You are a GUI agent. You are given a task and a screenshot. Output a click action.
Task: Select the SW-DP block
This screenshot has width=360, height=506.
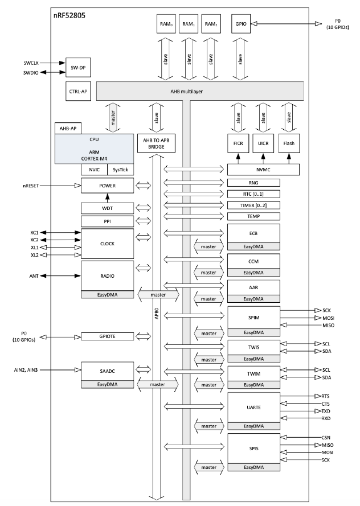(78, 67)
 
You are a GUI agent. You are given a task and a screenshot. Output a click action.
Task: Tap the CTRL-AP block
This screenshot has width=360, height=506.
(78, 90)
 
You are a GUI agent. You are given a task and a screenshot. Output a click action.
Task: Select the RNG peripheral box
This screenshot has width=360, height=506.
(253, 183)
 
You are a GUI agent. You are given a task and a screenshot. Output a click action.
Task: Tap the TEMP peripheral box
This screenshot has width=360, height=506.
(253, 217)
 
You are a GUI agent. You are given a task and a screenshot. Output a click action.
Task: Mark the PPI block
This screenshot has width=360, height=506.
(107, 221)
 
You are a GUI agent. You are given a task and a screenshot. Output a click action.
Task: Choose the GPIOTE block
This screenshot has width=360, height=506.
(107, 336)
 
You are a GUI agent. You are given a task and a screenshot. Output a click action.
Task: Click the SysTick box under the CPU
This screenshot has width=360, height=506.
(121, 170)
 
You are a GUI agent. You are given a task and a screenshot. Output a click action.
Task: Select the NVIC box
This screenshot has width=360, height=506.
(95, 170)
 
